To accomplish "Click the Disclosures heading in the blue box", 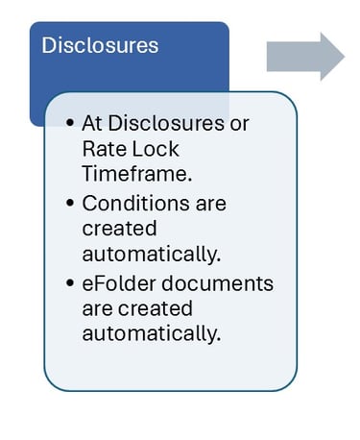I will pos(101,45).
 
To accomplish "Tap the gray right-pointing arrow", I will pos(304,57).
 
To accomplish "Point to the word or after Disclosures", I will pos(236,124).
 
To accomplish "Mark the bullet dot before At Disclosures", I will pos(72,125).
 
